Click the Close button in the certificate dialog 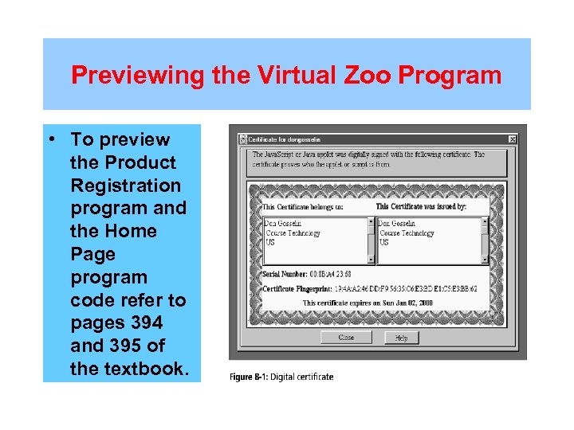click(346, 338)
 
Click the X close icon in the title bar click(512, 139)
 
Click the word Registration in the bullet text click(126, 186)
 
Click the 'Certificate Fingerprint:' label click(299, 289)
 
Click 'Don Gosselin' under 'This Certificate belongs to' click(283, 224)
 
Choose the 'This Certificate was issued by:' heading click(421, 207)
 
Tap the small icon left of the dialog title click(242, 139)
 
